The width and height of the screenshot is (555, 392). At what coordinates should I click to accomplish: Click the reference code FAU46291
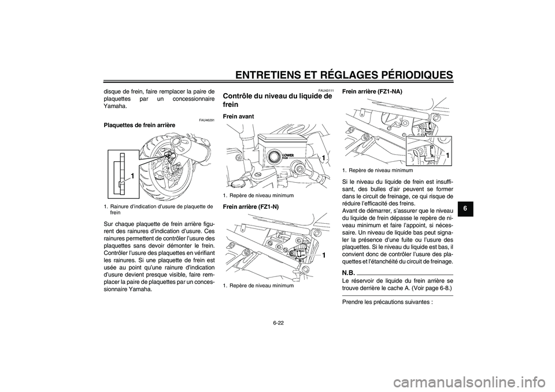pyautogui.click(x=206, y=120)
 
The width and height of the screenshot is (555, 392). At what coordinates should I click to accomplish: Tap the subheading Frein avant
pyautogui.click(x=238, y=116)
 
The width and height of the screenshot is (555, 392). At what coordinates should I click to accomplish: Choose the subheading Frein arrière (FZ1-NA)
pyautogui.click(x=372, y=92)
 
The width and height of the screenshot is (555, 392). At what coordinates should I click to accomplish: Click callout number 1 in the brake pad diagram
pyautogui.click(x=133, y=175)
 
